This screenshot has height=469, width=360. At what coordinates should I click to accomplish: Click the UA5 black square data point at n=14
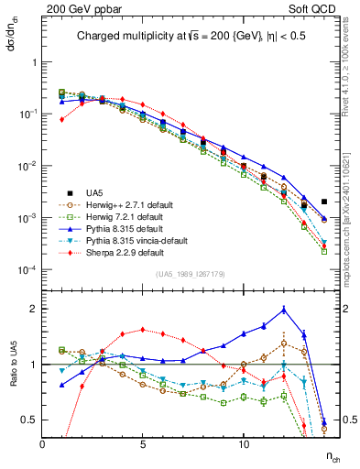tap(324, 202)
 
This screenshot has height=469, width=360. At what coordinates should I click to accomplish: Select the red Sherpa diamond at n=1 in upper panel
tap(62, 119)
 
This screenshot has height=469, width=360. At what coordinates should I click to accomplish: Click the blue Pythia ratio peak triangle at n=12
tap(285, 309)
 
